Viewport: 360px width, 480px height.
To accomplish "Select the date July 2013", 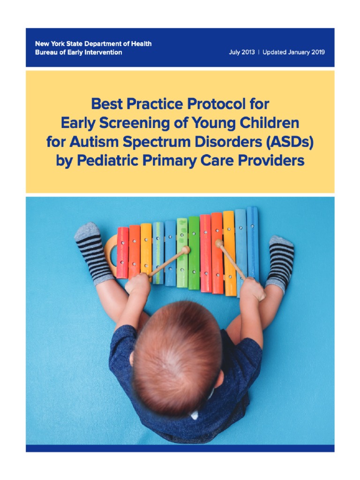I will (241, 52).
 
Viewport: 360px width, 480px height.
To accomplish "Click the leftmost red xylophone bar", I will (122, 252).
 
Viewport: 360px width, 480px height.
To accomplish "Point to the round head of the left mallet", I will (186, 250).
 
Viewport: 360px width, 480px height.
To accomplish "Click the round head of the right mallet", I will (218, 244).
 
